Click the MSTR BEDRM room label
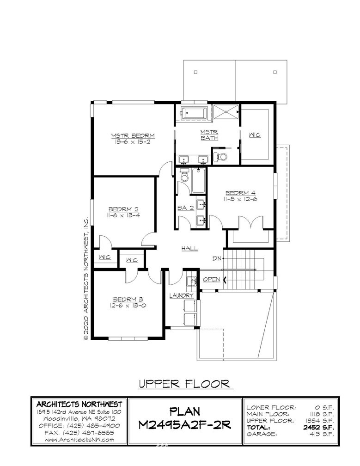pos(133,136)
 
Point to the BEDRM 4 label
pos(240,193)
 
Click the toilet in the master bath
pos(221,156)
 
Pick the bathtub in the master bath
pos(195,113)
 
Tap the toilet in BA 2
pos(184,176)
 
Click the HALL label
pos(189,248)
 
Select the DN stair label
pos(217,258)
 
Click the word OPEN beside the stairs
pos(212,279)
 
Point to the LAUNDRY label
pos(182,295)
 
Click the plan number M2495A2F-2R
pos(185,425)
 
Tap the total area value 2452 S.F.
pos(318,427)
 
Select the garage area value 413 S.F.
pos(322,434)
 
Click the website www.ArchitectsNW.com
pos(79,440)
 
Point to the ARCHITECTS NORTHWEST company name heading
pos(79,404)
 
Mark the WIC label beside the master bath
pos(255,135)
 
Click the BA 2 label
pos(185,208)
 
